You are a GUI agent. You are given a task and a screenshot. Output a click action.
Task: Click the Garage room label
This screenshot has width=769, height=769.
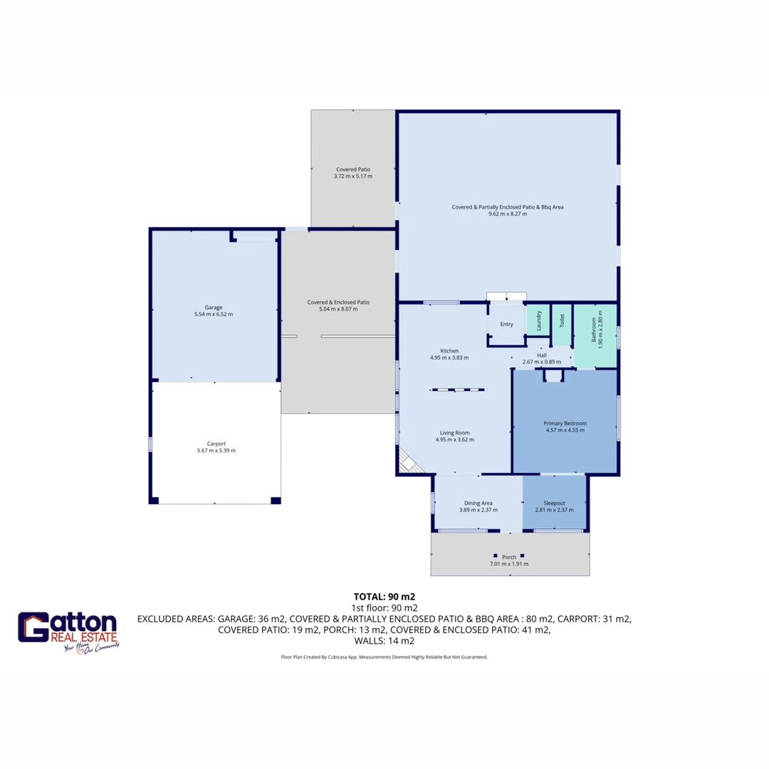pyautogui.click(x=214, y=308)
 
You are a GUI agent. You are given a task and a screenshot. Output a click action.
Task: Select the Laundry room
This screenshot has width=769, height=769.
pyautogui.click(x=539, y=321)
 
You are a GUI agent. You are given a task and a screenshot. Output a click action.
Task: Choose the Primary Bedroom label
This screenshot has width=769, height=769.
pyautogui.click(x=565, y=423)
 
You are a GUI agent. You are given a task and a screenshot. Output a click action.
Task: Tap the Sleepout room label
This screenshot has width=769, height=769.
pyautogui.click(x=553, y=503)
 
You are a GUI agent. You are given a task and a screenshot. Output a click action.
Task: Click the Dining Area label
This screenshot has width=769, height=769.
pyautogui.click(x=478, y=503)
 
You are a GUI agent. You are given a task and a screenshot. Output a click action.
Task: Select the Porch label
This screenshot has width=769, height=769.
pyautogui.click(x=509, y=557)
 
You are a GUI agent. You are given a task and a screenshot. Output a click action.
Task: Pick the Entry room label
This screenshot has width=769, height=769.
pyautogui.click(x=506, y=325)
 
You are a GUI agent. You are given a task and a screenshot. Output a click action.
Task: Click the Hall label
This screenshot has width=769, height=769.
pyautogui.click(x=541, y=355)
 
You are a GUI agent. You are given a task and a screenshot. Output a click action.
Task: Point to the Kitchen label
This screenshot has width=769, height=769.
pyautogui.click(x=449, y=351)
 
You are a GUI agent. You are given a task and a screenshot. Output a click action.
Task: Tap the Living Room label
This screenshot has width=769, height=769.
pyautogui.click(x=454, y=432)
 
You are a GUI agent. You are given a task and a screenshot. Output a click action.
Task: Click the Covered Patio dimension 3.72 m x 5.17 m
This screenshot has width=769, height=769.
pyautogui.click(x=352, y=177)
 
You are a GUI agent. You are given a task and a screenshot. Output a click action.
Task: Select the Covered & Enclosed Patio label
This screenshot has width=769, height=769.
pyautogui.click(x=338, y=302)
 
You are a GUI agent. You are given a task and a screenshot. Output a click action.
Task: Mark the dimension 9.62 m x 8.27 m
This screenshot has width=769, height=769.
pyautogui.click(x=508, y=214)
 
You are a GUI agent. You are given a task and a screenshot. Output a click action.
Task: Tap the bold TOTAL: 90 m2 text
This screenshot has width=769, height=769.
pyautogui.click(x=384, y=597)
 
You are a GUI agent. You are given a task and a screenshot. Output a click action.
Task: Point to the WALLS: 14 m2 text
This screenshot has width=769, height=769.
pyautogui.click(x=384, y=641)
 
